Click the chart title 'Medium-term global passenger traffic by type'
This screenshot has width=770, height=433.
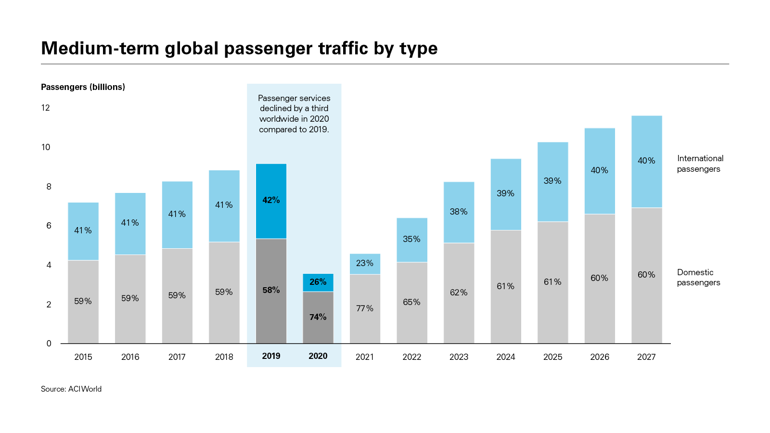click(x=239, y=49)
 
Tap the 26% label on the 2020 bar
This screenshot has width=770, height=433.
click(x=318, y=282)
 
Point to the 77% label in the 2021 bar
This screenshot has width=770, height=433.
click(x=365, y=308)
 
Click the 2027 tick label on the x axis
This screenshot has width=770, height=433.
click(x=646, y=357)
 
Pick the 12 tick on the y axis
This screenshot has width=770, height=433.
click(x=46, y=108)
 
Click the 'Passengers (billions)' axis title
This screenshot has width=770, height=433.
click(x=83, y=87)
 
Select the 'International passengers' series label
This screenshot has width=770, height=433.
click(x=700, y=164)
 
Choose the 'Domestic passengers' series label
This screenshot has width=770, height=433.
click(x=698, y=278)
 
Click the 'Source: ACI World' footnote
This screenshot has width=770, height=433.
click(x=71, y=389)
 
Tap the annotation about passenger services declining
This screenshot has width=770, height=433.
click(x=294, y=114)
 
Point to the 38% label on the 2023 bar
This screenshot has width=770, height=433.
click(x=459, y=212)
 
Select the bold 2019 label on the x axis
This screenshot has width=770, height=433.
click(x=271, y=356)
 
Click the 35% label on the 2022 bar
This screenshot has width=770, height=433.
click(x=411, y=239)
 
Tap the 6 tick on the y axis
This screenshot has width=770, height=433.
click(x=49, y=226)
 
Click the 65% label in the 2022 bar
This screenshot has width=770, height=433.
click(x=411, y=302)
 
